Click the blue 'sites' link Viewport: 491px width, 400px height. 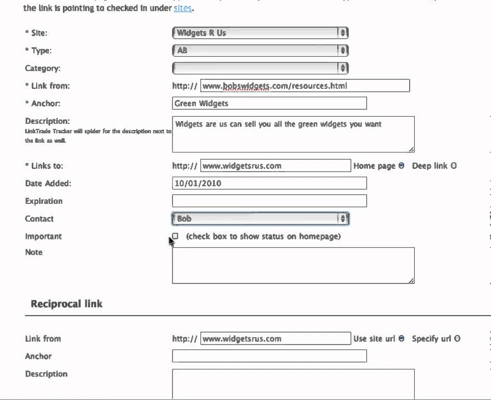[x=183, y=9]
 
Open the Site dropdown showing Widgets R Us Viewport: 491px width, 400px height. [x=260, y=33]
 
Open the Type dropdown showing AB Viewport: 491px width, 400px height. [x=260, y=51]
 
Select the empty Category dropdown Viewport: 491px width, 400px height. [x=260, y=68]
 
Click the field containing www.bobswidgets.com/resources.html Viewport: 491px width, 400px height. [x=305, y=86]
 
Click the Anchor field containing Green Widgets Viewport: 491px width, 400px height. [x=269, y=103]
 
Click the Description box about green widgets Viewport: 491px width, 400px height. [x=293, y=134]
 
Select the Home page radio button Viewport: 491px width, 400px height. [x=401, y=166]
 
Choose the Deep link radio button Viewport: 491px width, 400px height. [x=453, y=166]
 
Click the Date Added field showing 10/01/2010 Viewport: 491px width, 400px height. [x=269, y=183]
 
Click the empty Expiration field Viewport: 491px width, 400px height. [x=269, y=201]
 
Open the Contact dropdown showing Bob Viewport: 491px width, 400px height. [x=260, y=219]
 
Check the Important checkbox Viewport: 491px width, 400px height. [x=175, y=236]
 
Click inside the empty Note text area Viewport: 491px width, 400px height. [x=293, y=266]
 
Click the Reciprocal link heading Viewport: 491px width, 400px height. [x=66, y=304]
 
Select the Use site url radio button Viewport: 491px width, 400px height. [x=401, y=338]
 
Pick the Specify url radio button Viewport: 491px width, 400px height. [x=457, y=338]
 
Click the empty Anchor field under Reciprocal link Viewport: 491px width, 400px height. [x=269, y=356]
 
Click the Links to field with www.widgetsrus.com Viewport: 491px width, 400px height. [x=275, y=166]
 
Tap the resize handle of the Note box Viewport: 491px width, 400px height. [x=411, y=281]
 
